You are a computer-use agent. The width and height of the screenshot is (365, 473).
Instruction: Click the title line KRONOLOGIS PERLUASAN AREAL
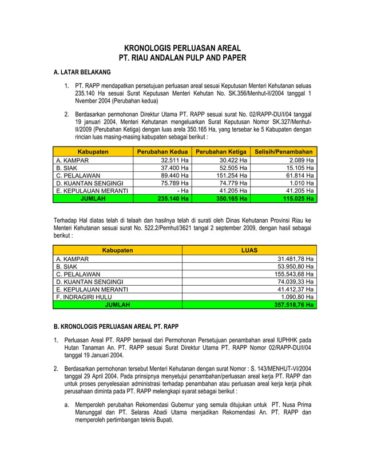click(182, 48)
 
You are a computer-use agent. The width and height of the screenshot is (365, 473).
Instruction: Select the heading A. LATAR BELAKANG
click(82, 73)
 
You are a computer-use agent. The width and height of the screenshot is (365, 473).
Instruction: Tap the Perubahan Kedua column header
click(162, 151)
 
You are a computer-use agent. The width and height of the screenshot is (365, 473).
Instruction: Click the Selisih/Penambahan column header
click(284, 151)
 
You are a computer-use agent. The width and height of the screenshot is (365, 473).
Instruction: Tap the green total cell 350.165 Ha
click(221, 199)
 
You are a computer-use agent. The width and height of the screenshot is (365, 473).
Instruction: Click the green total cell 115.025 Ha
click(284, 199)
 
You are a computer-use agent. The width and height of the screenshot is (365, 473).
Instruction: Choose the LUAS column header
click(249, 250)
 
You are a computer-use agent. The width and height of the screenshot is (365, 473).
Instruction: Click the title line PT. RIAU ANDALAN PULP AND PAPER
click(182, 58)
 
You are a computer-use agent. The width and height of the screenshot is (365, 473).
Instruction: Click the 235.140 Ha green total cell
click(162, 199)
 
